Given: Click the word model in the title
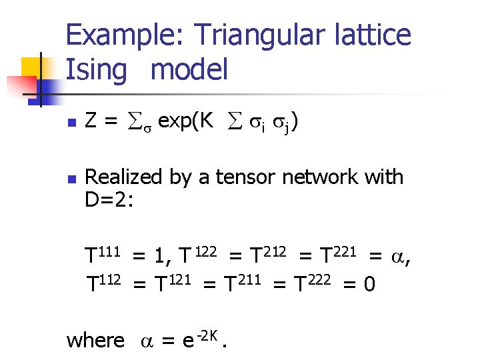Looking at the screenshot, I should (x=190, y=69).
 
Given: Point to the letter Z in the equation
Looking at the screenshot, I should (x=93, y=122).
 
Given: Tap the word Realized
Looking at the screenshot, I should (x=124, y=177).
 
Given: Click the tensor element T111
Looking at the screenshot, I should (x=102, y=255).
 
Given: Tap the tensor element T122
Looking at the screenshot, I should (x=196, y=255).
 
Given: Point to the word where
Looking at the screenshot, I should (x=95, y=341).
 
